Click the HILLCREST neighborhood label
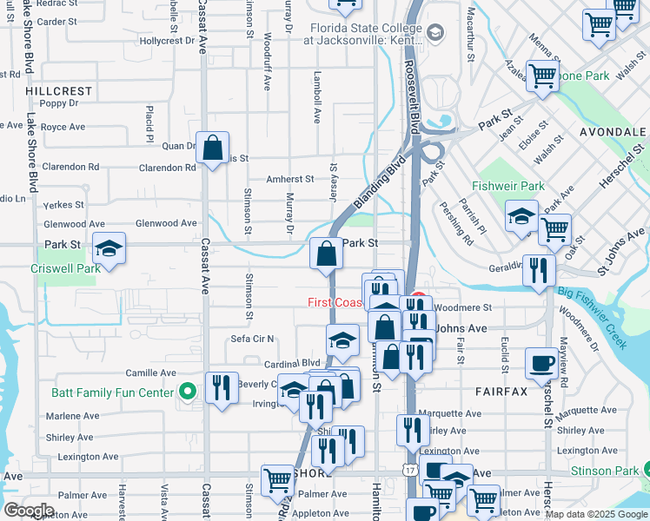pyautogui.click(x=58, y=90)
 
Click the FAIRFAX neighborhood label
pyautogui.click(x=501, y=392)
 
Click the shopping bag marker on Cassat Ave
pyautogui.click(x=212, y=149)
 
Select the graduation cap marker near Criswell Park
pyautogui.click(x=109, y=249)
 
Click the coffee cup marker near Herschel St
pyautogui.click(x=541, y=364)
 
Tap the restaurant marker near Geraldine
pyautogui.click(x=540, y=271)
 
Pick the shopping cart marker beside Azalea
pyautogui.click(x=543, y=76)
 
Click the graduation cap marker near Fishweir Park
pyautogui.click(x=521, y=217)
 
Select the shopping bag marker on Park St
pyautogui.click(x=326, y=254)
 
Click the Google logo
pyautogui.click(x=29, y=510)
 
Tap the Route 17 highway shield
pyautogui.click(x=408, y=469)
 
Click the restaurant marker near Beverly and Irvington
pyautogui.click(x=222, y=388)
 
